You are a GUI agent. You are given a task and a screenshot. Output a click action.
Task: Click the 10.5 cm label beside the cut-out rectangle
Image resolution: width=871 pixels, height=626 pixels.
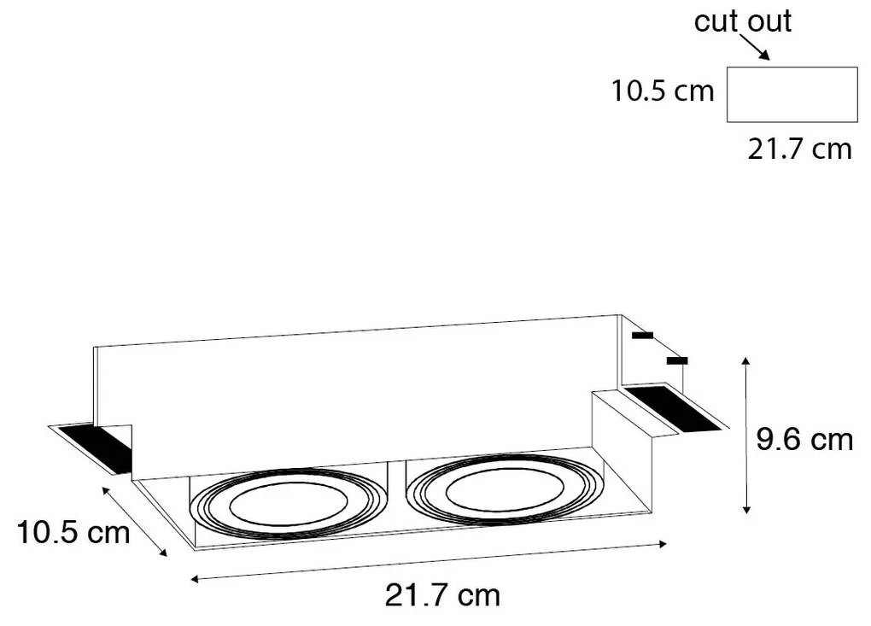tap(662, 91)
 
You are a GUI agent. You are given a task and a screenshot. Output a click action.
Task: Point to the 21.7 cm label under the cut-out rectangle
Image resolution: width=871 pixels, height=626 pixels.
tap(799, 149)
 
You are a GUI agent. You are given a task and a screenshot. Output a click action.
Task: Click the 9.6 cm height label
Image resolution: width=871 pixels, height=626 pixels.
tap(805, 439)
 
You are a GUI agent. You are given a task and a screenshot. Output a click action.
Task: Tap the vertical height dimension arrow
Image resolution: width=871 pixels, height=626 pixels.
tap(746, 435)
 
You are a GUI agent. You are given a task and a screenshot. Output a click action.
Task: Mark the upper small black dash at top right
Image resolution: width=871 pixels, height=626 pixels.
tap(642, 336)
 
